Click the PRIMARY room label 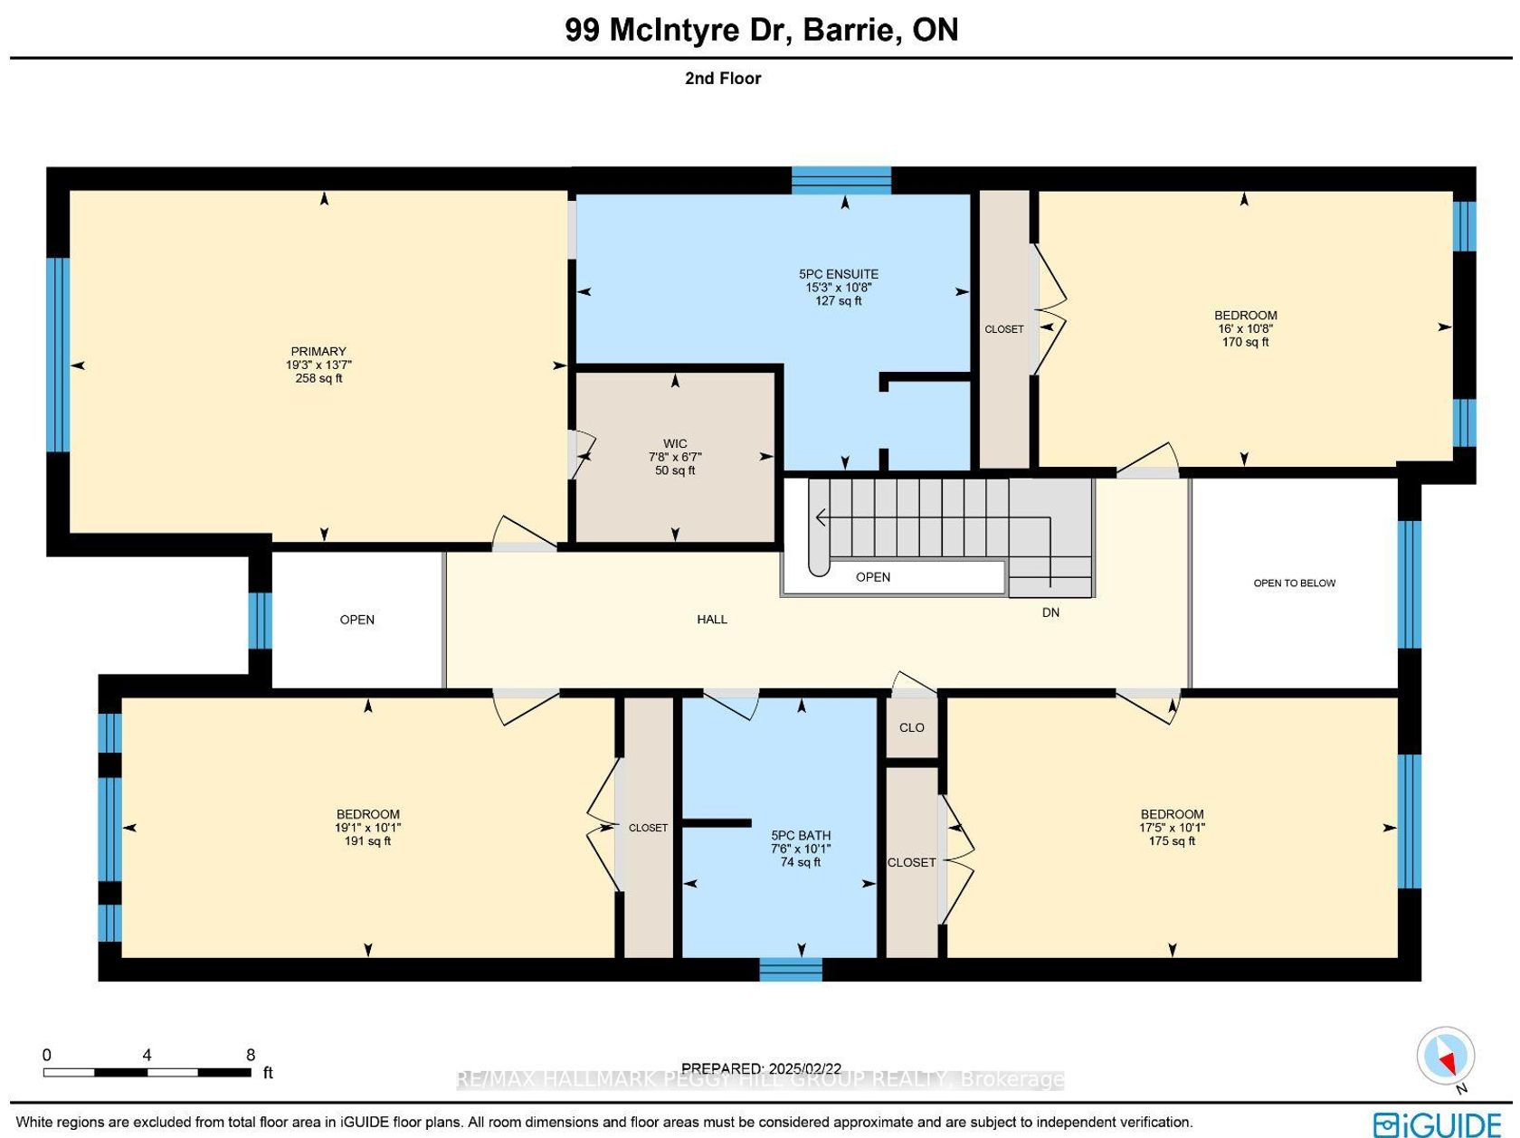318,352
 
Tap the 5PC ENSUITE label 839,275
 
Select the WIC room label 675,444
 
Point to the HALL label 712,620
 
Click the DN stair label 1050,612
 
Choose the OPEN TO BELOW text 1294,583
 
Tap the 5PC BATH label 801,836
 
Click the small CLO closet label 911,727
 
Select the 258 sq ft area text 318,379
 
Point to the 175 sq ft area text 1172,841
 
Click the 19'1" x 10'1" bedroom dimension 367,828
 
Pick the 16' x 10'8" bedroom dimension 1245,328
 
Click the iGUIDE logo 1437,1124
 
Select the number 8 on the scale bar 251,1055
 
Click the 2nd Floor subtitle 723,79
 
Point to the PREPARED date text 761,1069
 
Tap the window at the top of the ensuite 841,181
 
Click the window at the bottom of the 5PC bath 791,970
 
